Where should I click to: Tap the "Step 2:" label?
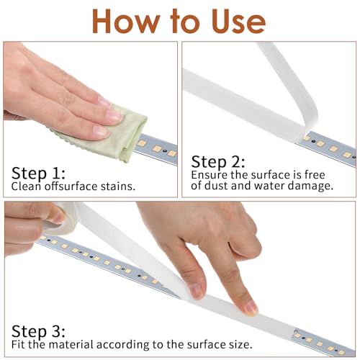click(x=218, y=161)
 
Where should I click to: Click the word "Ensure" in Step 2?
click(x=208, y=175)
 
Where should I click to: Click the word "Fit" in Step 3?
click(x=18, y=345)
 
